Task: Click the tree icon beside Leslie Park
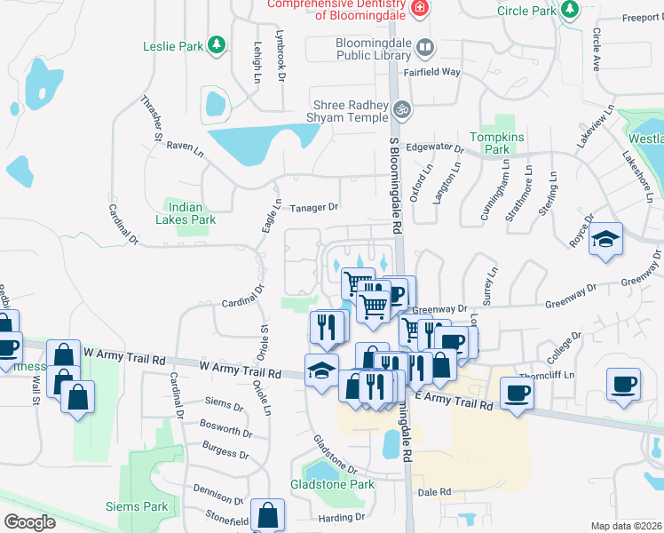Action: [x=216, y=44]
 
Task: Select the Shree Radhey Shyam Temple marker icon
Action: [x=402, y=109]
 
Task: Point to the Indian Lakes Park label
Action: [x=186, y=213]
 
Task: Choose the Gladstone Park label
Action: [x=332, y=485]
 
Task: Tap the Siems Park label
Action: [x=144, y=506]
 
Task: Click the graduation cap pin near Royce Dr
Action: [x=606, y=239]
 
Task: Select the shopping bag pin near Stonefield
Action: [x=267, y=514]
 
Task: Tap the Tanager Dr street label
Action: [x=314, y=207]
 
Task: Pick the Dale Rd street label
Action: [x=434, y=491]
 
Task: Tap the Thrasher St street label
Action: [x=151, y=119]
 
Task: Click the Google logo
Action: [x=29, y=522]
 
